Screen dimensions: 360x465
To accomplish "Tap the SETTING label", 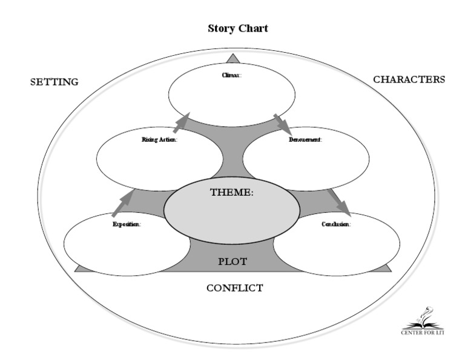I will [x=54, y=82].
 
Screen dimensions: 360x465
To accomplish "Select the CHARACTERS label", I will [x=409, y=79].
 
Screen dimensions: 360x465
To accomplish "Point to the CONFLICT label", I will [x=234, y=288].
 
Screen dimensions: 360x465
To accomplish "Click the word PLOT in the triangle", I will [x=232, y=262].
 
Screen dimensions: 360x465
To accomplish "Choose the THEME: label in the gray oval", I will [x=231, y=193].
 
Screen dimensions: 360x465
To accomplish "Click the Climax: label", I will [x=231, y=92].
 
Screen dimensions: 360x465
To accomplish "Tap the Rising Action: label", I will [x=159, y=140].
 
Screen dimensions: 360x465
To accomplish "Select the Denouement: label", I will [x=305, y=140].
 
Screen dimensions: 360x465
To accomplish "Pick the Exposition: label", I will [x=127, y=224].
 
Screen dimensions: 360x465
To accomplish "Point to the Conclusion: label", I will [x=335, y=224].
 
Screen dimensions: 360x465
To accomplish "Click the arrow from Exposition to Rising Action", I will [x=123, y=204].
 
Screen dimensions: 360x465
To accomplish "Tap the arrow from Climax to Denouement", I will [x=283, y=124].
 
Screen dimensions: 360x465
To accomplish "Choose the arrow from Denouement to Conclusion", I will [x=339, y=202].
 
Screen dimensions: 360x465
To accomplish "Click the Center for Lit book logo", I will [x=423, y=318].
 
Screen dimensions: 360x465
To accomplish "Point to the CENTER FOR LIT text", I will [x=422, y=332].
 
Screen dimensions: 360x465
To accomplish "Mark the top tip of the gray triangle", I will [x=232, y=56].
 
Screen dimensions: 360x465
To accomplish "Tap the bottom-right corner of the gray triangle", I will [x=391, y=270].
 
